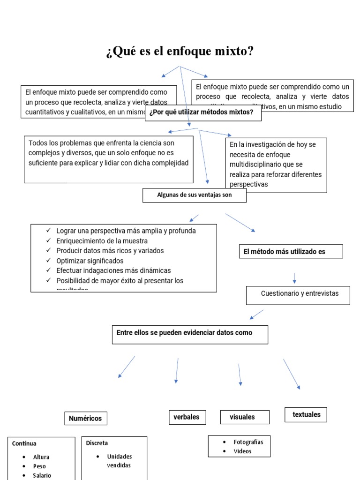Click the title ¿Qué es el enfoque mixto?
pyautogui.click(x=180, y=52)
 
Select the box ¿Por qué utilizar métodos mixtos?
pyautogui.click(x=203, y=112)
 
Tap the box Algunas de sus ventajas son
pyautogui.click(x=194, y=195)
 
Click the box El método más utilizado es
pyautogui.click(x=291, y=252)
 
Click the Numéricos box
pyautogui.click(x=85, y=419)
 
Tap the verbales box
pyautogui.click(x=187, y=417)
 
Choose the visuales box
pyautogui.click(x=245, y=417)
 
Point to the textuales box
pyautogui.click(x=306, y=415)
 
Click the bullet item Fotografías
pyautogui.click(x=248, y=442)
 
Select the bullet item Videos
pyautogui.click(x=243, y=451)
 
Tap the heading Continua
pyautogui.click(x=24, y=443)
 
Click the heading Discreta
pyautogui.click(x=97, y=443)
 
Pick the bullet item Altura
pyautogui.click(x=41, y=457)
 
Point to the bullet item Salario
pyautogui.click(x=42, y=475)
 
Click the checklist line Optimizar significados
pyautogui.click(x=90, y=261)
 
